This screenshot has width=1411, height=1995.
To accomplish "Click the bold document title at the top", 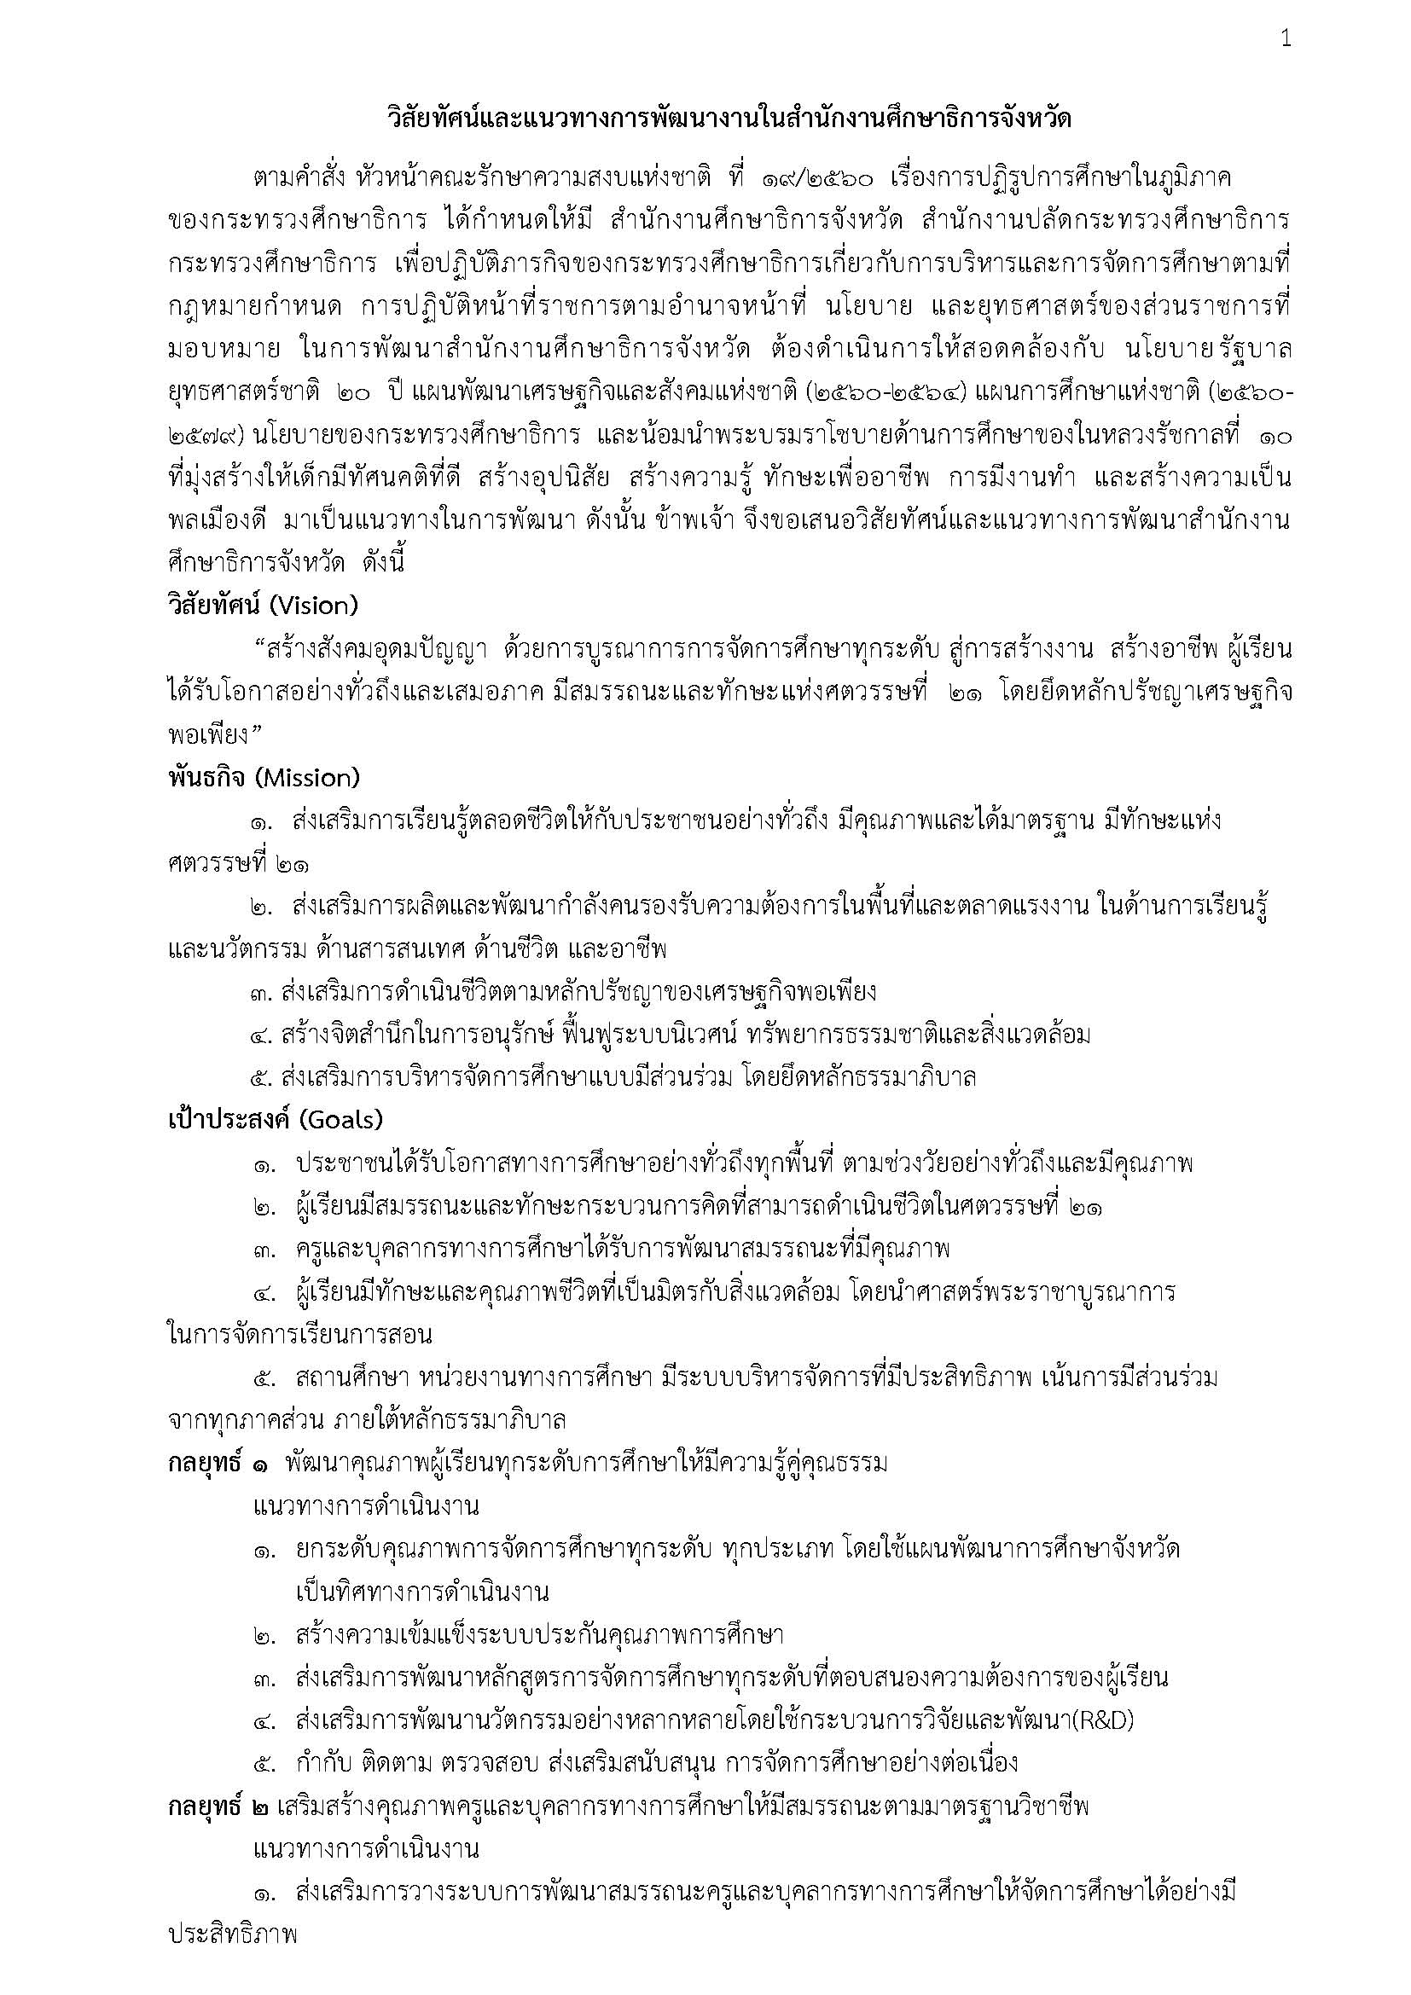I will [728, 119].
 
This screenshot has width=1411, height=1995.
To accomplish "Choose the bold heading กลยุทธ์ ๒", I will [218, 1806].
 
